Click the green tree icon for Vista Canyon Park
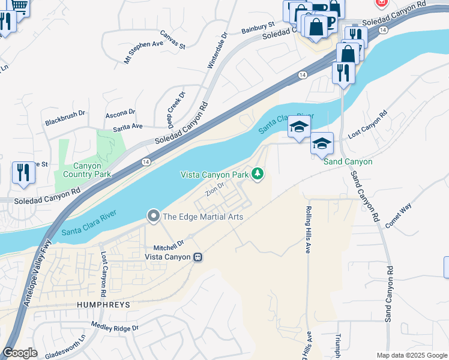(258, 174)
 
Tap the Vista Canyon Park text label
(215, 175)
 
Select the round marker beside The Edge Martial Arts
(154, 216)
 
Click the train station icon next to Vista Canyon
(197, 257)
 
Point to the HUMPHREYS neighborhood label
(103, 305)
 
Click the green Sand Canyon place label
(348, 162)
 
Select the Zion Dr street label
(214, 189)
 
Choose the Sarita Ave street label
(128, 127)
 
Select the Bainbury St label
(258, 28)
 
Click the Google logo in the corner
(20, 353)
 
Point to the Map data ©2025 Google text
(411, 355)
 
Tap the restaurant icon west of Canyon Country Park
(23, 172)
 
